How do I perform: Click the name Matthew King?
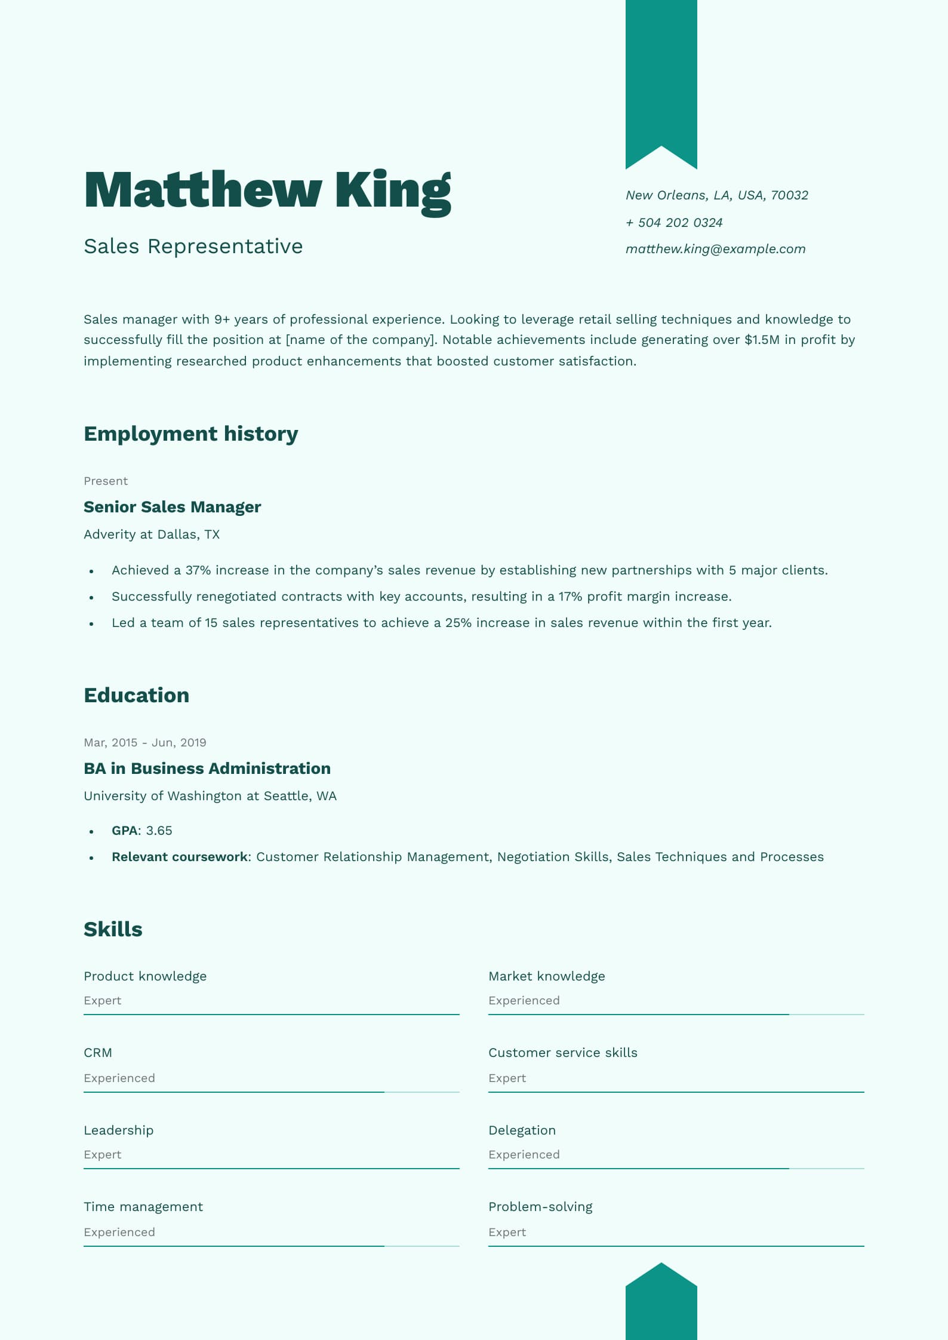point(267,190)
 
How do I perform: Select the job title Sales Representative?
point(193,246)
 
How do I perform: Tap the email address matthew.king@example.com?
point(715,249)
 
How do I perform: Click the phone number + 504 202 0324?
point(673,223)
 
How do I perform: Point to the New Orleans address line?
point(716,195)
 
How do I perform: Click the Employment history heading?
point(190,434)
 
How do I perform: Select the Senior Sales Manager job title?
point(172,507)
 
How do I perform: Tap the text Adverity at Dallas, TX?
point(152,534)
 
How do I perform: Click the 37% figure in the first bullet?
point(198,570)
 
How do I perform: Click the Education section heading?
point(136,695)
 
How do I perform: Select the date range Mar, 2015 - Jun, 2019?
point(145,742)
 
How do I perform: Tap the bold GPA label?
point(124,831)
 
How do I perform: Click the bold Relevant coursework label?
point(179,857)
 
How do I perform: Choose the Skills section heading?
point(113,929)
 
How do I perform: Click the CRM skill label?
point(98,1053)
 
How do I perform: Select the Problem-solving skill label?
point(540,1207)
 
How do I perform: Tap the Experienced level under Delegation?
point(524,1154)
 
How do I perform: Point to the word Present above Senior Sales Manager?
point(106,481)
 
